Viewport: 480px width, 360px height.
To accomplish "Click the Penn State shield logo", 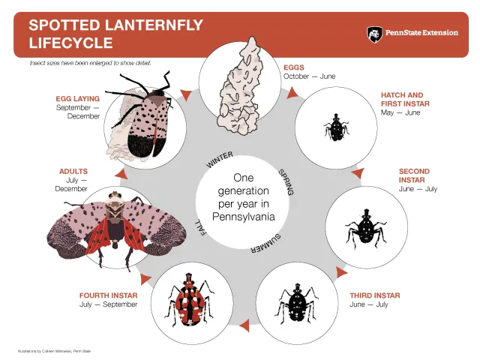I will coord(373,34).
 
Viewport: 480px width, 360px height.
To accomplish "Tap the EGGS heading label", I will coord(294,67).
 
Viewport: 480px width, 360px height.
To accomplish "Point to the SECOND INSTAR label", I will coord(414,175).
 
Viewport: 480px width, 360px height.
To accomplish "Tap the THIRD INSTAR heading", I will coord(374,295).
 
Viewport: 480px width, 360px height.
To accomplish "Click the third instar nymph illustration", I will coord(294,303).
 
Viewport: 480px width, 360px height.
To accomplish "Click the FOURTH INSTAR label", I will coord(109,295).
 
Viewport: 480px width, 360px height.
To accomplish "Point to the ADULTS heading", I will coord(73,172).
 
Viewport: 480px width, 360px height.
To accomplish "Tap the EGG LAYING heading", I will coord(77,98).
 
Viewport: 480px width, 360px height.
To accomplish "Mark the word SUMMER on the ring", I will coord(266,241).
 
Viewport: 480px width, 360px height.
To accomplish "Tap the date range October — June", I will coord(310,76).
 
